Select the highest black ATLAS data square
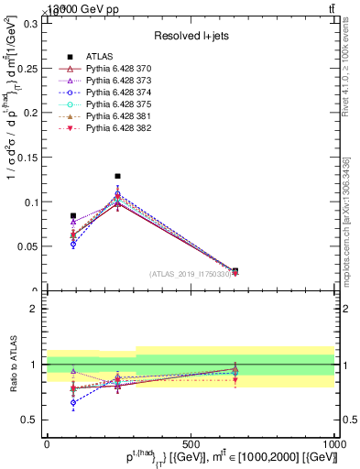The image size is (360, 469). [117, 176]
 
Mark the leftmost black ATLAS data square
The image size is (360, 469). [73, 216]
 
